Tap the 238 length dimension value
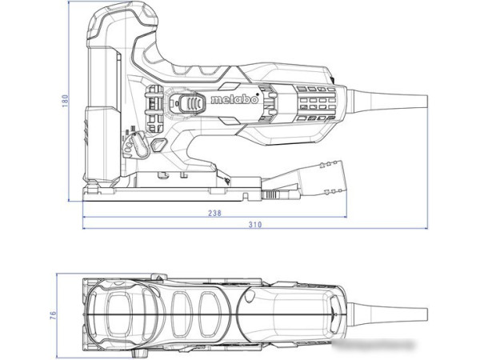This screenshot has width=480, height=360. point(214,214)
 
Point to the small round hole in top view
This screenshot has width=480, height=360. point(249,300)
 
